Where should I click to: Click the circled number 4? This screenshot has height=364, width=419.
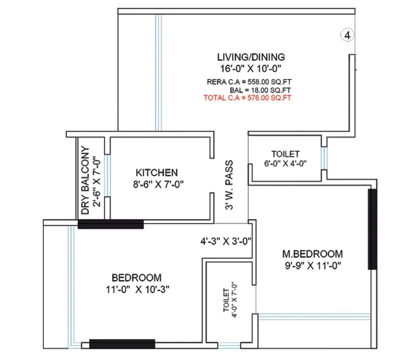click(347, 35)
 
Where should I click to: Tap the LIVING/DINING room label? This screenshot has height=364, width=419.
click(251, 57)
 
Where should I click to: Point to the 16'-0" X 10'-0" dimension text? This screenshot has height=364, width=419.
click(251, 68)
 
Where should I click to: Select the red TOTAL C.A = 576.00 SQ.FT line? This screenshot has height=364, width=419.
click(247, 98)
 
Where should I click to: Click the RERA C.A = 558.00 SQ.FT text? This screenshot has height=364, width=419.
click(249, 82)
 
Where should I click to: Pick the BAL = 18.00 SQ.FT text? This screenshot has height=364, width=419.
click(260, 90)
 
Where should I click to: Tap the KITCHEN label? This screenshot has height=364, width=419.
click(157, 172)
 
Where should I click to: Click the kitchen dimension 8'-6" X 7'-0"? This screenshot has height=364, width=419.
click(158, 185)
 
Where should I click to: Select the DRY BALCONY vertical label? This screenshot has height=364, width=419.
click(85, 180)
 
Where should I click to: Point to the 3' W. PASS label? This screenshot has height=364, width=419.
click(229, 185)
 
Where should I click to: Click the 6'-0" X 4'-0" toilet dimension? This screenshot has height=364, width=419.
click(285, 164)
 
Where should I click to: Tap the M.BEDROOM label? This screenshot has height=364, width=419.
click(312, 254)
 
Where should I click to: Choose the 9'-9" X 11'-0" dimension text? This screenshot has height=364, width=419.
click(313, 265)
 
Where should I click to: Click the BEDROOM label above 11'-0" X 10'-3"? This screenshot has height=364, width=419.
click(137, 278)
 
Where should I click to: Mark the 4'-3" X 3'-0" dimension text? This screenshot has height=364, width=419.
click(226, 241)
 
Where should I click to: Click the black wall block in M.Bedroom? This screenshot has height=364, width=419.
click(372, 229)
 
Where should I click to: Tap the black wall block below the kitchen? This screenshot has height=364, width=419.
click(111, 224)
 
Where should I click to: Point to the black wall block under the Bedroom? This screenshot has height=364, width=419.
click(122, 344)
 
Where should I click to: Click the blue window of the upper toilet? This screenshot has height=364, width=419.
click(324, 158)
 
